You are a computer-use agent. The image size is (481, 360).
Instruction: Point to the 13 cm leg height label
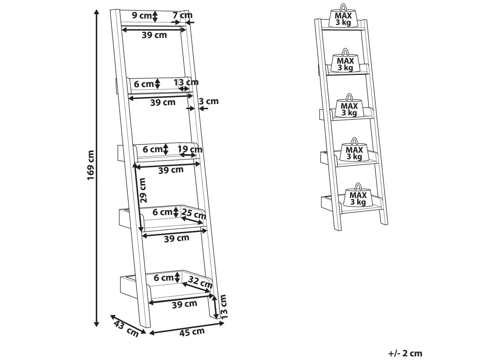click(223, 305)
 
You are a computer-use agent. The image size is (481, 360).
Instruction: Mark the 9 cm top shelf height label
click(141, 16)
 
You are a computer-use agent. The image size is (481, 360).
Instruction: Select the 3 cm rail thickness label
click(209, 101)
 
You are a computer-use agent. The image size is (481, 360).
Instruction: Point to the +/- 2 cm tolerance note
click(405, 353)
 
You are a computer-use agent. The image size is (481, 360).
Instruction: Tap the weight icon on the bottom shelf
click(358, 196)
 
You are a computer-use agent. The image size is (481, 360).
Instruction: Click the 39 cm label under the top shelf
click(154, 35)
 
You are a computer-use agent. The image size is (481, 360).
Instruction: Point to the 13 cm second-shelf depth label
click(186, 82)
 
